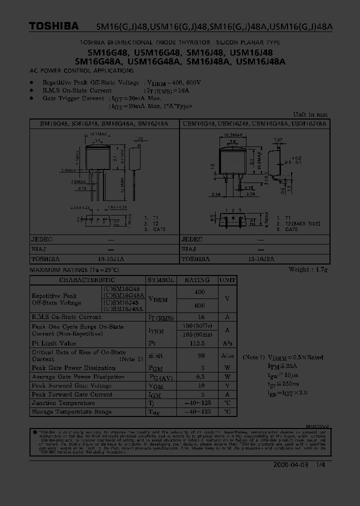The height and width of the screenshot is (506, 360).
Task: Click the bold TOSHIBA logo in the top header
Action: pos(53,25)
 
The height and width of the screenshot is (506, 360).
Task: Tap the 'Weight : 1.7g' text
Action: pos(308,270)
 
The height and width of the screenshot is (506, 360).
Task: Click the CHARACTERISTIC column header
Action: pos(87,280)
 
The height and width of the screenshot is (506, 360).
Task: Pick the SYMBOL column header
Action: pos(160,280)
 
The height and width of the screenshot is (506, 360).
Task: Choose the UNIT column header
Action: pos(227,280)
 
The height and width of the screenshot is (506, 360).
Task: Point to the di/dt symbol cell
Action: pos(155,355)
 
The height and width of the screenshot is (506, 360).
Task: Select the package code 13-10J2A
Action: pos(260,259)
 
